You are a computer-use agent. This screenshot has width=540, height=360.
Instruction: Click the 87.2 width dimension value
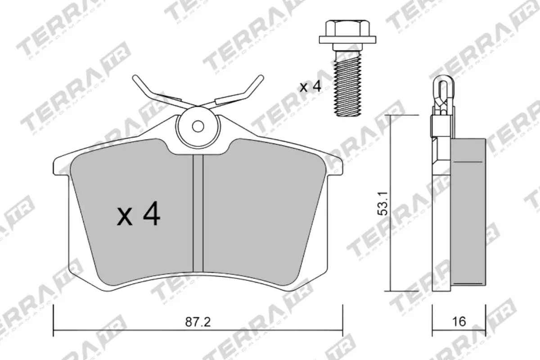pos(198,322)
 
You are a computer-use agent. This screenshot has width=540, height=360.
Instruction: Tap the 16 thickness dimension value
pos(459,322)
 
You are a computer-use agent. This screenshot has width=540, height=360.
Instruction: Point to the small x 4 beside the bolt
pos(310,86)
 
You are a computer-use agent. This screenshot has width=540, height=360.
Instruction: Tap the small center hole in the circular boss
pos(197,126)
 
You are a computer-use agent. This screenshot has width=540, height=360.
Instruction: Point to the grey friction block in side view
pos(468,211)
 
